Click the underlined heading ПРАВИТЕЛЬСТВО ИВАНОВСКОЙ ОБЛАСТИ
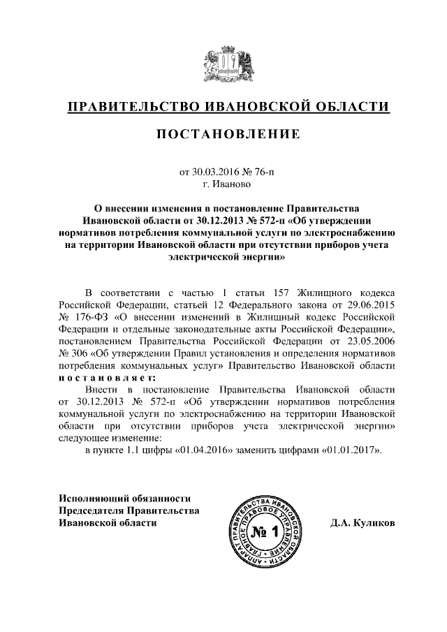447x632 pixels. [x=228, y=107]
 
